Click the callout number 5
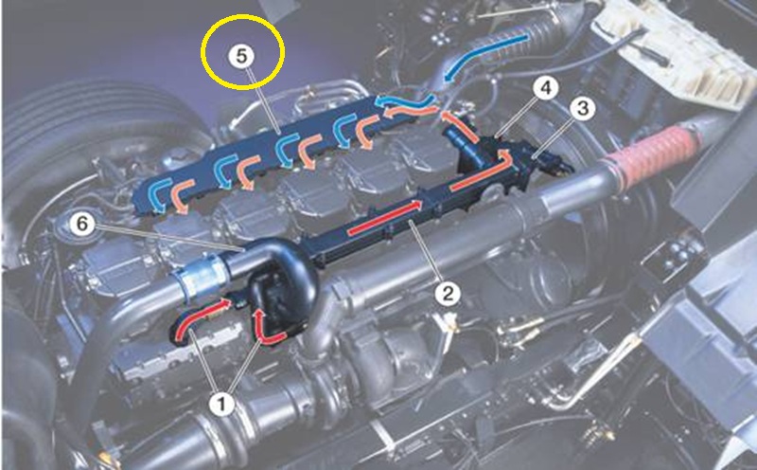click(241, 56)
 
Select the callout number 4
click(546, 87)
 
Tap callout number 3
click(583, 108)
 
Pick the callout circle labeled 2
click(448, 293)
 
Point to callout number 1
click(222, 404)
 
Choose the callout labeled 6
click(82, 224)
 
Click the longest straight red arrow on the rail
click(385, 218)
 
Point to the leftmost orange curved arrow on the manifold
click(181, 195)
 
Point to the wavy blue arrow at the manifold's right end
click(406, 101)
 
